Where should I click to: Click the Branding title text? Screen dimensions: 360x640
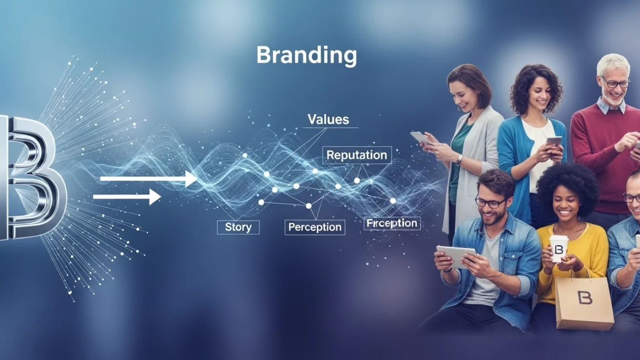click(306, 55)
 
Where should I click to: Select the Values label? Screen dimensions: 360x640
click(328, 120)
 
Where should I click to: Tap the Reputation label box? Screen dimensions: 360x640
click(356, 155)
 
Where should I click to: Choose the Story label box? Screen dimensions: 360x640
click(238, 227)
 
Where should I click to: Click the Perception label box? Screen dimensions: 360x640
click(314, 227)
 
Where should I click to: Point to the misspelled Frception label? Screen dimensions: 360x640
click(392, 224)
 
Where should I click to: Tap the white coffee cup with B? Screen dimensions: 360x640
click(558, 248)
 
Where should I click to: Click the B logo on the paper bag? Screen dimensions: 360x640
click(584, 298)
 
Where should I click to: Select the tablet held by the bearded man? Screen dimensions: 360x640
click(455, 255)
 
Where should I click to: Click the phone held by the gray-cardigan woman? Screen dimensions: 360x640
click(421, 137)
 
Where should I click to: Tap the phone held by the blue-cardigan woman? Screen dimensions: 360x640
click(554, 142)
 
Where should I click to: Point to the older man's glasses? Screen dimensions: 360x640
click(615, 83)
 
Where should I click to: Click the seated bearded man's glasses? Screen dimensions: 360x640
click(490, 202)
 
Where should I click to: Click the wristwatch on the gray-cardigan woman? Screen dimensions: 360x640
click(459, 159)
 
